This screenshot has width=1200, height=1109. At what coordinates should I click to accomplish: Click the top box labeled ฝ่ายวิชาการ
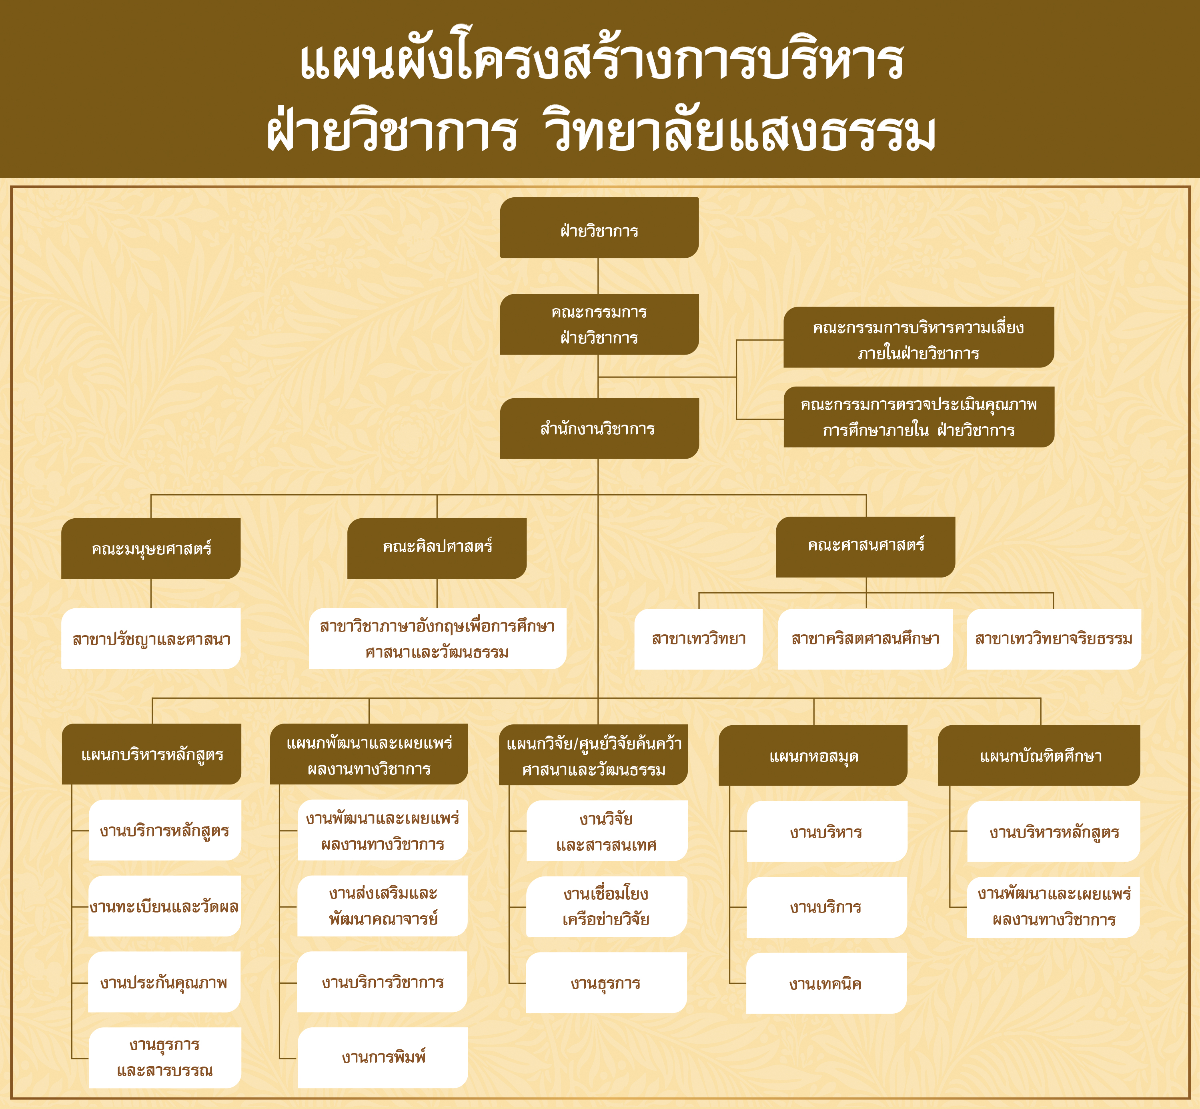tap(599, 227)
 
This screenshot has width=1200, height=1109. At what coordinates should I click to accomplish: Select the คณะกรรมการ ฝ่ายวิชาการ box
tap(599, 324)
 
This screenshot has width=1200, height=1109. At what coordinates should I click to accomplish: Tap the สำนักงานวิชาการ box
tap(599, 429)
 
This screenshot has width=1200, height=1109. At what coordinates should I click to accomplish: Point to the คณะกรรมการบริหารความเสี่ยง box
tap(919, 337)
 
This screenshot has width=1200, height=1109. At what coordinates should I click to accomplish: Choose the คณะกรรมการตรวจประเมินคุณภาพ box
tap(919, 417)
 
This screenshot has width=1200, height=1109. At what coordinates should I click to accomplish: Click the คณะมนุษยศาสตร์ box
tap(150, 549)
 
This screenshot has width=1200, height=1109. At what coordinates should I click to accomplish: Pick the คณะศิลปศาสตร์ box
tap(437, 549)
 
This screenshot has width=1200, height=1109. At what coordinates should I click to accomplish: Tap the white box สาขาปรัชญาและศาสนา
tap(150, 638)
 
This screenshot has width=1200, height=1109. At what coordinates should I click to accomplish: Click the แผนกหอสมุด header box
tap(813, 756)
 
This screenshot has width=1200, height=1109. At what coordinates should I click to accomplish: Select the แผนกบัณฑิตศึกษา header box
tap(1039, 756)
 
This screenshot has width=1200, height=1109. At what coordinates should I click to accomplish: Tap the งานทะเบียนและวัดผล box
tap(164, 906)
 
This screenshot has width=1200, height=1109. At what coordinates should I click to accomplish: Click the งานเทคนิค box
tap(826, 984)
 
